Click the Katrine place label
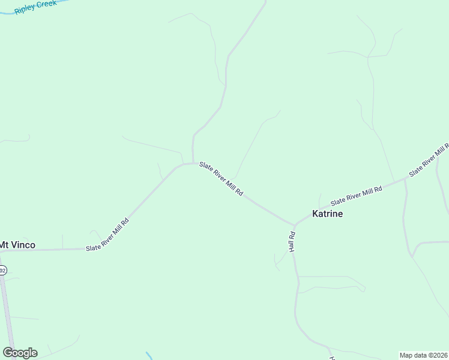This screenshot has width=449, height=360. tap(327, 214)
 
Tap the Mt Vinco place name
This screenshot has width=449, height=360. tap(17, 245)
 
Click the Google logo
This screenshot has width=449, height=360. tap(20, 353)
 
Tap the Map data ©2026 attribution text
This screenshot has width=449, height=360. tap(423, 355)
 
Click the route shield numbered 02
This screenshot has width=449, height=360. tap(2, 271)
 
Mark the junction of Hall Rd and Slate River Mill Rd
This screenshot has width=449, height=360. tap(294, 225)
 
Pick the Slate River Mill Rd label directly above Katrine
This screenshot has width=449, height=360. tap(357, 195)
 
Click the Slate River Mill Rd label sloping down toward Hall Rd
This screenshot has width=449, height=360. tap(221, 179)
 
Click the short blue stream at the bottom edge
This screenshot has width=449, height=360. tap(149, 356)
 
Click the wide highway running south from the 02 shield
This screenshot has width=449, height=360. tap(8, 312)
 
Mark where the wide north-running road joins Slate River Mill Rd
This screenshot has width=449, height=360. tap(193, 162)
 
